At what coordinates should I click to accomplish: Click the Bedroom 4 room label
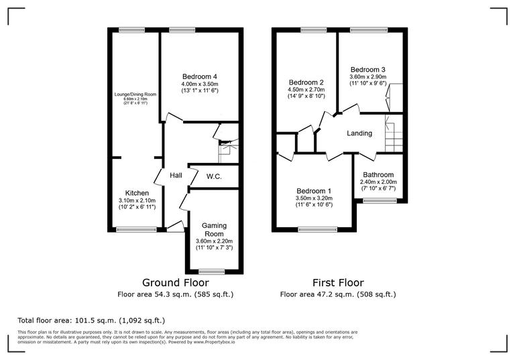point(200,76)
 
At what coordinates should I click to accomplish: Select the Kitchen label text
point(137,193)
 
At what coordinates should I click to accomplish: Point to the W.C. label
point(214,176)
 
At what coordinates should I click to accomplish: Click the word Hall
point(176,176)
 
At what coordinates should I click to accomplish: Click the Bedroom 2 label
point(302,82)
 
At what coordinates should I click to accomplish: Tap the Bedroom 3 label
point(367,69)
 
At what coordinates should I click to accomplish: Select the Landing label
point(359,133)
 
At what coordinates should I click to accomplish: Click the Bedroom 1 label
point(314,191)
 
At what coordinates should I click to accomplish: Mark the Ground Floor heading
point(176,282)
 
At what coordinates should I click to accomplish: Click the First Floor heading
point(339,282)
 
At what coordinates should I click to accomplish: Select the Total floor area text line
point(91,320)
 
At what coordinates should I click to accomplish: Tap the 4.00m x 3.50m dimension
point(200,84)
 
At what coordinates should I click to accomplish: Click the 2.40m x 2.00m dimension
point(379,182)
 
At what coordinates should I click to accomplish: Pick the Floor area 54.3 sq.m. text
point(176,294)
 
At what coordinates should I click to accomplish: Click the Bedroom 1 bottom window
point(314,230)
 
